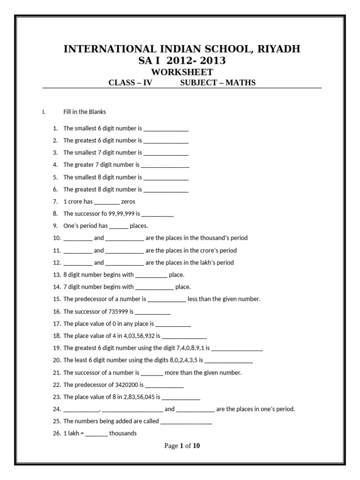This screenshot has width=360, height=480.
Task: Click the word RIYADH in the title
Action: tap(277, 49)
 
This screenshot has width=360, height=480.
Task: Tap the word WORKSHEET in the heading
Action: tap(182, 72)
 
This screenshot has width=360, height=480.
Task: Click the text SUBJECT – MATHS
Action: tap(218, 83)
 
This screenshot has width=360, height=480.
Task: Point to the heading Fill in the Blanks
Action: tap(85, 112)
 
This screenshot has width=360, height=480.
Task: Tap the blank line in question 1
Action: tap(166, 128)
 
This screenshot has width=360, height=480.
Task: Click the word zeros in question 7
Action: tap(128, 202)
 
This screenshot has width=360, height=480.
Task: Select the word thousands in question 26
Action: tap(123, 434)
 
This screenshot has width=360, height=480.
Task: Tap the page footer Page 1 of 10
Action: tap(182, 446)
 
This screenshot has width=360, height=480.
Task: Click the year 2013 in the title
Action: tap(210, 60)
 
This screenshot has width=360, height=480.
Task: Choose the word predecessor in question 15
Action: tap(90, 299)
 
